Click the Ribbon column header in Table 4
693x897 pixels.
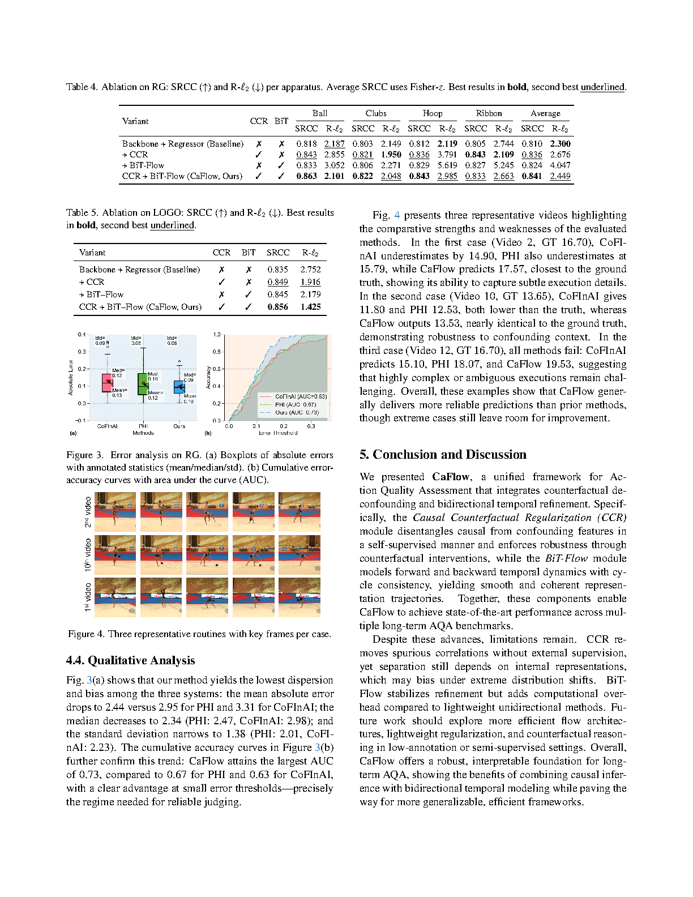(489, 113)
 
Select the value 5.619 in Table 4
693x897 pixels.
(447, 165)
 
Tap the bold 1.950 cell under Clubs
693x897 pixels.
(391, 155)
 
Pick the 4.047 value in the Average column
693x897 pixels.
(560, 165)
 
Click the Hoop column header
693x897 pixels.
(433, 113)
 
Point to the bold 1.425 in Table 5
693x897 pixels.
(311, 307)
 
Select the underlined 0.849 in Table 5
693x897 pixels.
(277, 282)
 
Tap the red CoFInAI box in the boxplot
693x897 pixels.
(107, 383)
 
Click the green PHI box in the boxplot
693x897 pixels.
(143, 383)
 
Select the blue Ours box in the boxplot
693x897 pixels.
(179, 387)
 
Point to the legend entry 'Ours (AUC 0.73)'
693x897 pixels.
(297, 413)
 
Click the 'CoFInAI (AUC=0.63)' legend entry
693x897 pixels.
(301, 396)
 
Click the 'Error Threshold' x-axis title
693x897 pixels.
(277, 433)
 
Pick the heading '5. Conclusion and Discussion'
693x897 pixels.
(443, 455)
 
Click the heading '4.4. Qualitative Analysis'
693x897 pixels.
(130, 660)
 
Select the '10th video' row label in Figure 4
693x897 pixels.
(88, 555)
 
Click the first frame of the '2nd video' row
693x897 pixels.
(115, 512)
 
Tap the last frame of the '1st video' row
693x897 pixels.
(299, 597)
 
